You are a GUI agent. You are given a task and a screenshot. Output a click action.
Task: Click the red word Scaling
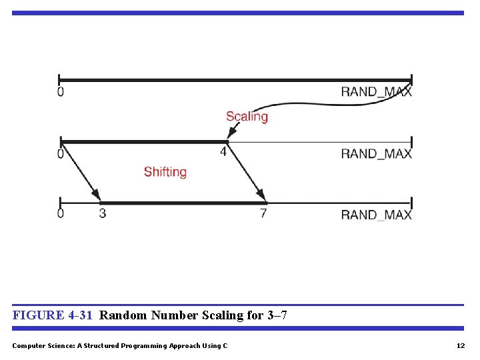tap(247, 117)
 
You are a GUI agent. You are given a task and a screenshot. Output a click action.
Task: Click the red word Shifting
tap(165, 172)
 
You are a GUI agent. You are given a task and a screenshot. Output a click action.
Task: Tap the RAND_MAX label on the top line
tap(376, 92)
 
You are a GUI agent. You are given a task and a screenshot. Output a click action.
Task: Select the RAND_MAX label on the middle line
tap(376, 153)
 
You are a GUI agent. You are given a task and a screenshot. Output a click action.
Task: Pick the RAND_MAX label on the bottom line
tap(376, 215)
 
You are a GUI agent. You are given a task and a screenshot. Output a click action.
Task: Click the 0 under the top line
tap(61, 92)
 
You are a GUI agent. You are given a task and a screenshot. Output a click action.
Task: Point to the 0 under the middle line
tap(61, 154)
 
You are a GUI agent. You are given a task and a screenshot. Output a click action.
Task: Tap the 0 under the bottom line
tap(61, 215)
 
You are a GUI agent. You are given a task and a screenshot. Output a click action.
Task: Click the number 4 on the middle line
tap(223, 152)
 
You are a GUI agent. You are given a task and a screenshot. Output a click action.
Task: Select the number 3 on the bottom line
tap(102, 214)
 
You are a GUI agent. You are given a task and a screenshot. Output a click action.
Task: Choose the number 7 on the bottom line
tap(263, 214)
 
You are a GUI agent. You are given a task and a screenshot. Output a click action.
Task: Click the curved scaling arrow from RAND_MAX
tap(313, 105)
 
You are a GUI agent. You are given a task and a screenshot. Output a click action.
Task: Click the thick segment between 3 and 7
tap(183, 203)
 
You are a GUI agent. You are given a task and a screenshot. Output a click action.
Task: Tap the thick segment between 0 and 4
tap(143, 141)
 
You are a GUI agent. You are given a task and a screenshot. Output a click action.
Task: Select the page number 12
tap(460, 345)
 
